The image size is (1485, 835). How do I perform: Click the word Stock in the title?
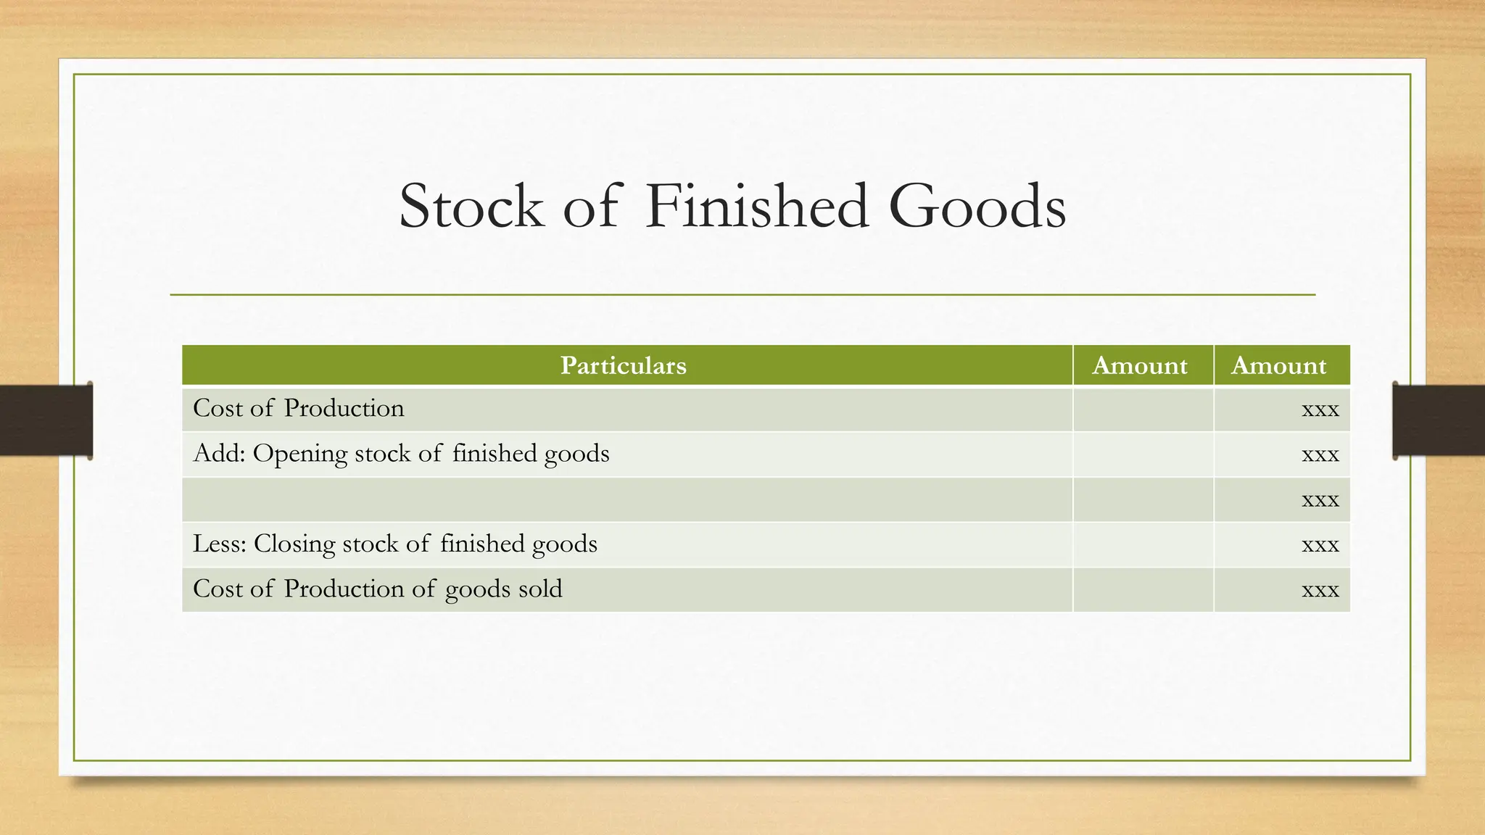(x=471, y=207)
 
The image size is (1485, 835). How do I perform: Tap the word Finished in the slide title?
(x=756, y=207)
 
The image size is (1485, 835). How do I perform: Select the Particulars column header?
(x=623, y=365)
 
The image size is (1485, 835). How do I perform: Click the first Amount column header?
(x=1140, y=365)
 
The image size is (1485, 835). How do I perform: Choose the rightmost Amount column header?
(x=1278, y=365)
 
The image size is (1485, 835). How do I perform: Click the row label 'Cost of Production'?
(x=298, y=408)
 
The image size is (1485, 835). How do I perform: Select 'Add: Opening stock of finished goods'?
(x=401, y=454)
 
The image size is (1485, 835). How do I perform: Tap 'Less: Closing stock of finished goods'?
(x=395, y=544)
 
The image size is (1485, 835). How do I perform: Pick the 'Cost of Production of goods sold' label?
(x=377, y=589)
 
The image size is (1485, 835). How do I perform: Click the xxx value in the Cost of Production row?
(x=1320, y=410)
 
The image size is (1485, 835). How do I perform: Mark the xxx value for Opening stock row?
(x=1320, y=455)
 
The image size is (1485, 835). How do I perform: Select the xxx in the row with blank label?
(x=1320, y=500)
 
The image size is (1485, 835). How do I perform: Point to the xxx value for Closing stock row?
(x=1320, y=545)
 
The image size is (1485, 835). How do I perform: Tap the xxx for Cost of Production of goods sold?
(x=1320, y=590)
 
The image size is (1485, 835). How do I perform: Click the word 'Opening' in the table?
(x=299, y=454)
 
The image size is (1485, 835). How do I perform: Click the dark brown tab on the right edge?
(x=1439, y=420)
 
